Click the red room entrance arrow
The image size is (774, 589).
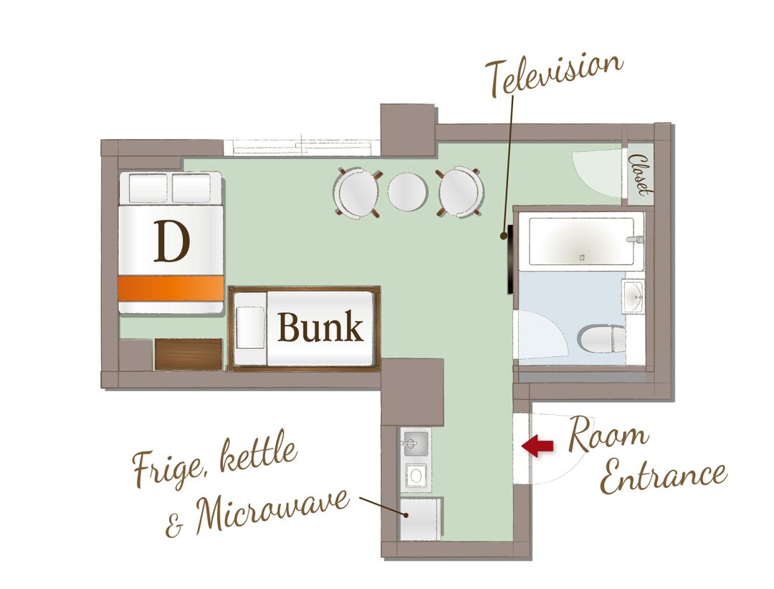coord(537,446)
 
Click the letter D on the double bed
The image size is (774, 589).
coord(171,241)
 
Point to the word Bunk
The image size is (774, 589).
coord(320,327)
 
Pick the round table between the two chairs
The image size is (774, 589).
coord(407,191)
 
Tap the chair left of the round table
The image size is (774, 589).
coord(358,193)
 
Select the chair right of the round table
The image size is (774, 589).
coord(459,192)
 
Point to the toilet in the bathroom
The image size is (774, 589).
coord(602,339)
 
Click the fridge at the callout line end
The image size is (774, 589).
coord(420,519)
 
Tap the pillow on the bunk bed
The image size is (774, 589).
coord(250,327)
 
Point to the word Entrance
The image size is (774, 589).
coord(663,475)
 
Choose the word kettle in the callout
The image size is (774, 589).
coord(258,454)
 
